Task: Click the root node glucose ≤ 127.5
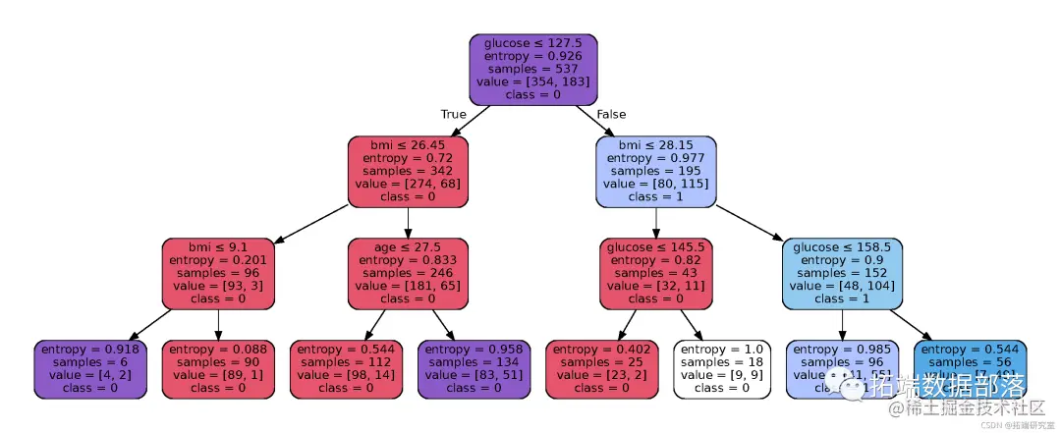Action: [533, 70]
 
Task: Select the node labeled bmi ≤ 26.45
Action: [408, 172]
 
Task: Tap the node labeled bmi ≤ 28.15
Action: [656, 172]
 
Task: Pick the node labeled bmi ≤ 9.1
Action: [218, 273]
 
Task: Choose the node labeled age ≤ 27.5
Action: [408, 273]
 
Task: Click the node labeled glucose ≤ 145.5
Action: [656, 273]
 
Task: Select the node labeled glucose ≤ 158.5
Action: [842, 273]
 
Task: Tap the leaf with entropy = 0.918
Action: [90, 368]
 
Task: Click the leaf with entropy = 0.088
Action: [218, 368]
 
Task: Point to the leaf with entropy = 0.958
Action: [474, 368]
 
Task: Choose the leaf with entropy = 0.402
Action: [601, 368]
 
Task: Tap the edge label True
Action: [453, 115]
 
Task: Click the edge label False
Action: [611, 115]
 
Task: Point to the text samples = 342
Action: [408, 171]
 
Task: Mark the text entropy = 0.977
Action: [656, 158]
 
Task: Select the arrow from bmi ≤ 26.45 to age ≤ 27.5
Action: [408, 222]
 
